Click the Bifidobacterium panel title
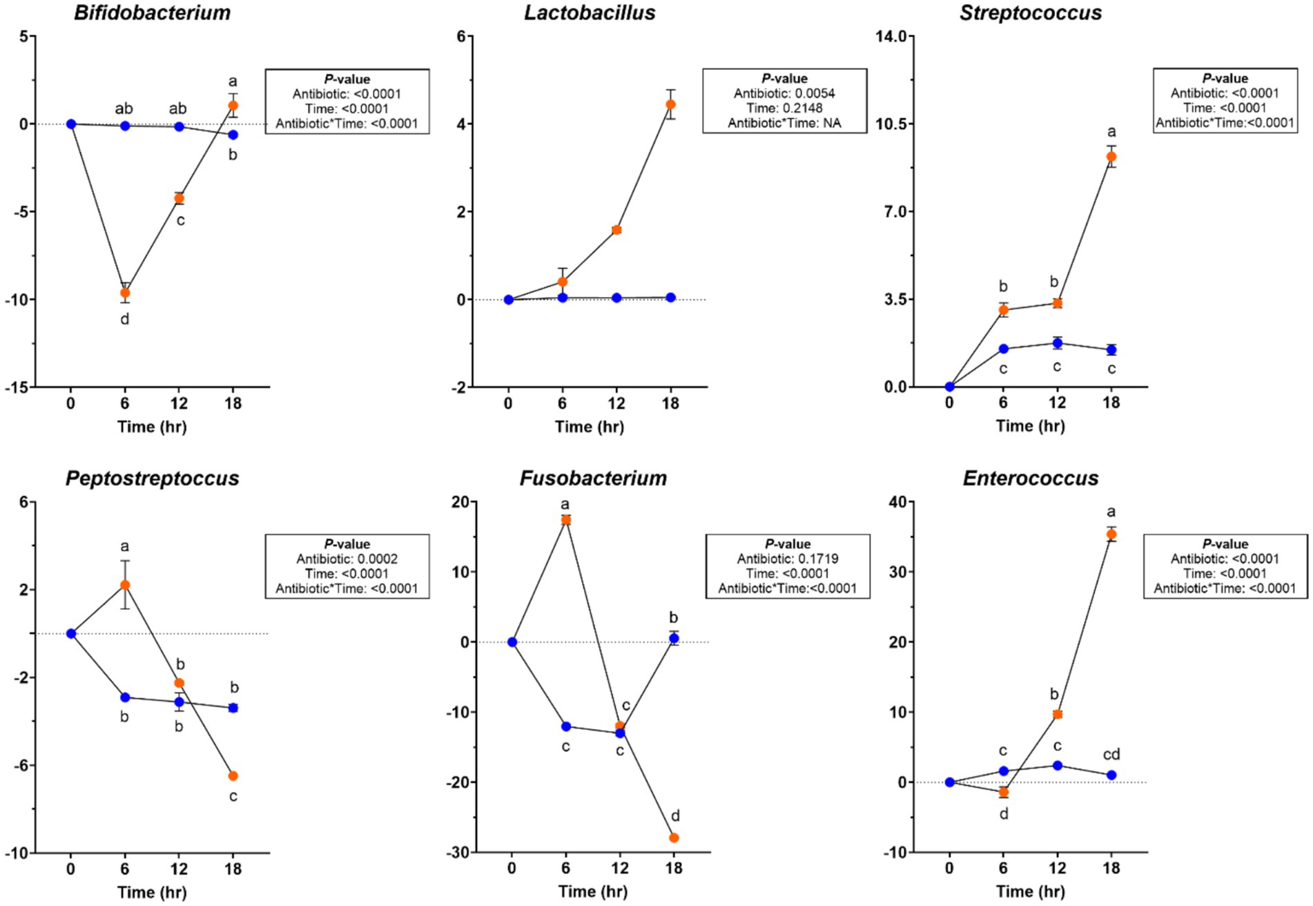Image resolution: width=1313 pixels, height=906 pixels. pos(152,12)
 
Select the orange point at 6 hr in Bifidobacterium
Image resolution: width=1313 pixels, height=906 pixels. pos(125,293)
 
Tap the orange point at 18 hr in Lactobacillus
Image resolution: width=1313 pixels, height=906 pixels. pos(670,104)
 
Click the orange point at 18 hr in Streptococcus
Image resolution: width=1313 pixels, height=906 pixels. pos(1111,157)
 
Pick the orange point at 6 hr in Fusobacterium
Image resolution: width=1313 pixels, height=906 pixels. pos(566,519)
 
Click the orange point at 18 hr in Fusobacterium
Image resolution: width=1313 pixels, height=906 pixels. pos(674,838)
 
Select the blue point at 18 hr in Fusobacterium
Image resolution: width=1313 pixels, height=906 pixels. pos(674,638)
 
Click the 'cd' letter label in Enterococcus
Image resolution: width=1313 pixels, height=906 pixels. pos(1111,754)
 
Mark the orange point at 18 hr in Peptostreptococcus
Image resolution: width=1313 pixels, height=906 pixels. pos(233,775)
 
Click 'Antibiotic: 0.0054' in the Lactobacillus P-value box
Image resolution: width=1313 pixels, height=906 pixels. pos(784,93)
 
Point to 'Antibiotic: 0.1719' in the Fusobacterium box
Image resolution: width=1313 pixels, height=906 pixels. pos(788,559)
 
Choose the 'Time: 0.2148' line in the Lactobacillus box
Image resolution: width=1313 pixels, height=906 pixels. pos(784,108)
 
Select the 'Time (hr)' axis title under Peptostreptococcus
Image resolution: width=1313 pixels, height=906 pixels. pos(152,891)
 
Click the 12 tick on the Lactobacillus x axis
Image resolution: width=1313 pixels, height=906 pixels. pos(616,403)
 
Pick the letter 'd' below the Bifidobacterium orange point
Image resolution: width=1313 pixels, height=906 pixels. pos(125,319)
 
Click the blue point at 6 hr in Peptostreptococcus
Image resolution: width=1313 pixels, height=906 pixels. pos(125,697)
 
